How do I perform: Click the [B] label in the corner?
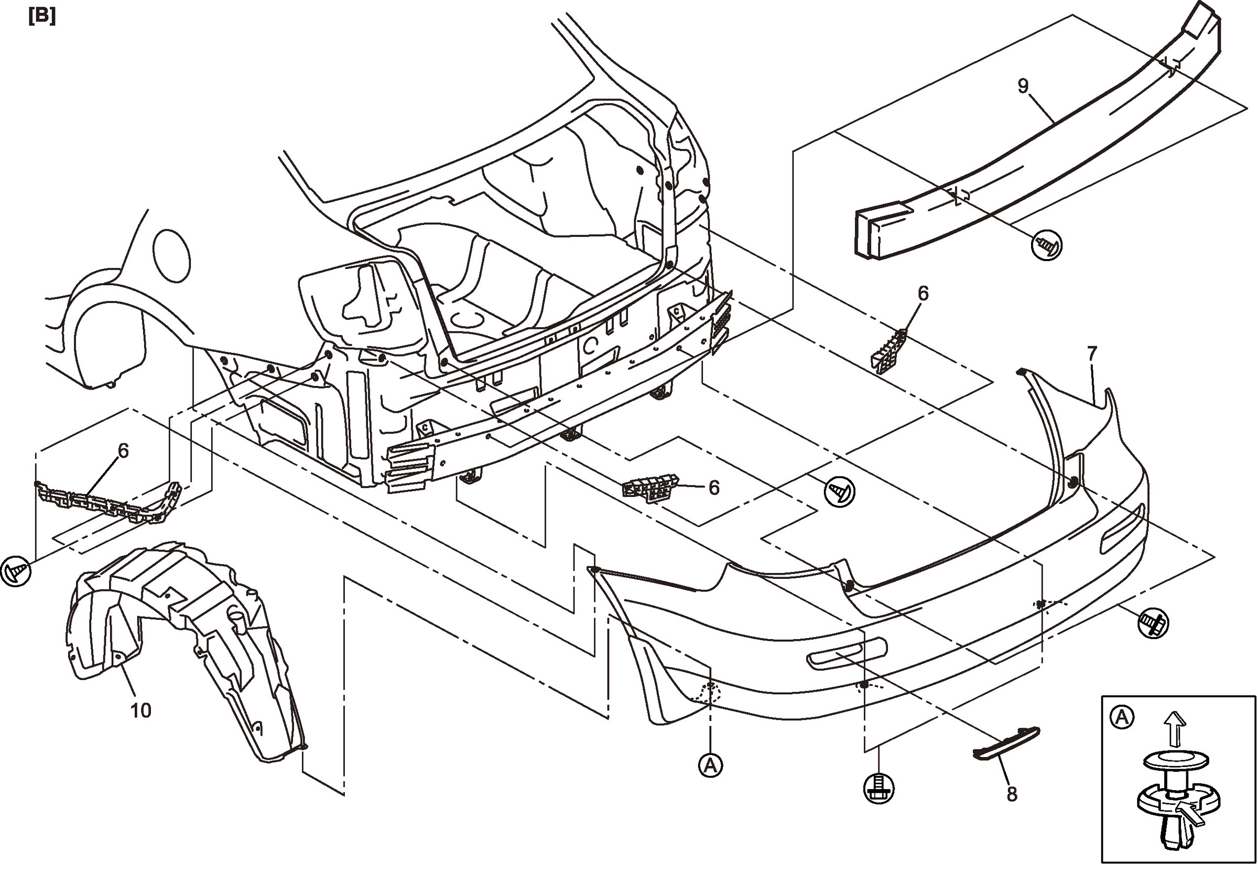41,17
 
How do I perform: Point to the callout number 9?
1023,87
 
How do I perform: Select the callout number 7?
1092,354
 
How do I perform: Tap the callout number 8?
1012,794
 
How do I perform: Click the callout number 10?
140,711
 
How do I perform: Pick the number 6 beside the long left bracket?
123,451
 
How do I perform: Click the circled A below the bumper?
711,765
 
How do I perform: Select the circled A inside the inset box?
1122,717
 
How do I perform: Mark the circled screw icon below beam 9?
1046,244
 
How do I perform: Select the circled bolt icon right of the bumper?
1152,623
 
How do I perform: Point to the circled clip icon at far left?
16,570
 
